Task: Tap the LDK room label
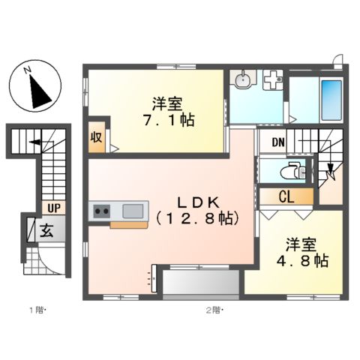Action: click(x=197, y=201)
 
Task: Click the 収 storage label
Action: click(x=97, y=136)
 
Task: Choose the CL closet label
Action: click(x=286, y=197)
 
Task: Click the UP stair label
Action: click(x=53, y=208)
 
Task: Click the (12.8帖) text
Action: click(x=197, y=218)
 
